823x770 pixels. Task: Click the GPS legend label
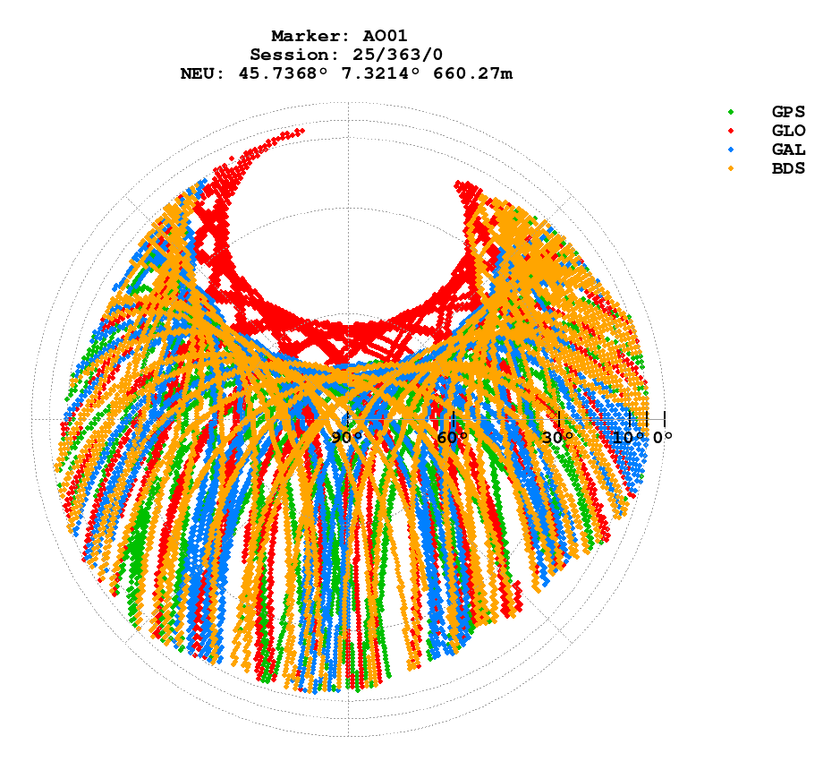[788, 112]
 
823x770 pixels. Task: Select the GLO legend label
[788, 131]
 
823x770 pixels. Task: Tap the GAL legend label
[788, 150]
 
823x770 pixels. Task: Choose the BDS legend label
[788, 168]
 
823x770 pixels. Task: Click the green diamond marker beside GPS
[731, 112]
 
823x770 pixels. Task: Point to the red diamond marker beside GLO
[731, 131]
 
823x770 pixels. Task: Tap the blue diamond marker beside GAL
[731, 150]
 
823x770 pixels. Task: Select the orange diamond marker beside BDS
[731, 168]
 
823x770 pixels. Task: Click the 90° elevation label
[347, 438]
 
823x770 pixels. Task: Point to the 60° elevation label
[453, 438]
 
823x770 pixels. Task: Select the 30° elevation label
[558, 438]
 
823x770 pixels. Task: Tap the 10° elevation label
[628, 438]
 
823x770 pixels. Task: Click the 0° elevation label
[662, 438]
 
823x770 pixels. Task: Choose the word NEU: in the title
[203, 74]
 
